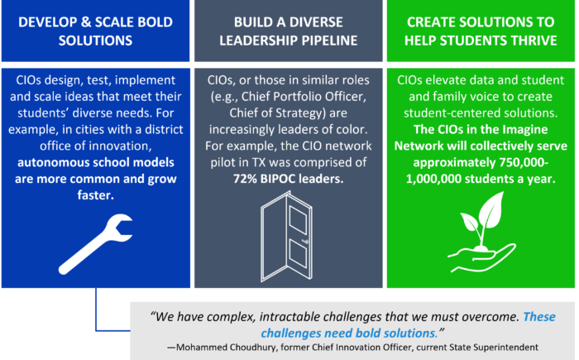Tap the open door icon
click(287, 237)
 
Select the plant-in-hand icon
click(481, 232)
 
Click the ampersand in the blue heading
click(85, 22)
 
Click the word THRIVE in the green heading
click(534, 41)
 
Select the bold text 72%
click(245, 179)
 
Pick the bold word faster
click(96, 195)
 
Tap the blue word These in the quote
click(539, 317)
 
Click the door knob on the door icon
click(305, 242)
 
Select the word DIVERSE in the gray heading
click(316, 22)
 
